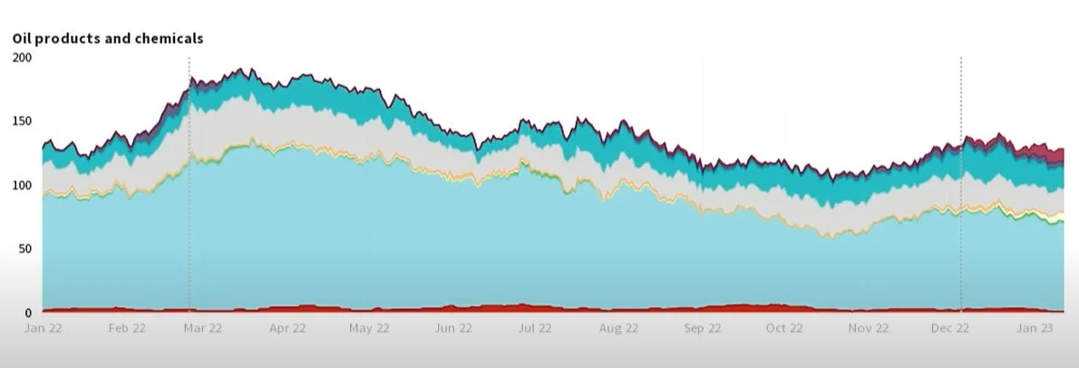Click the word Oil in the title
coord(22,38)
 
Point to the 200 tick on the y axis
coord(22,57)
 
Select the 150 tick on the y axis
coord(22,121)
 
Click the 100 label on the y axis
coord(22,185)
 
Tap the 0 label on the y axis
coord(27,313)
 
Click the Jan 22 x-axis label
coord(43,328)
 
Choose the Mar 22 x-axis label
coord(202,328)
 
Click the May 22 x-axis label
coord(369,328)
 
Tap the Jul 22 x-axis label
coord(535,328)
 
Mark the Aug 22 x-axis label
coord(618,328)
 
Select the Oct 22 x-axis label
coord(784,328)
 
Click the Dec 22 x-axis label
coord(950,328)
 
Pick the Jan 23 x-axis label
coord(1034,328)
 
